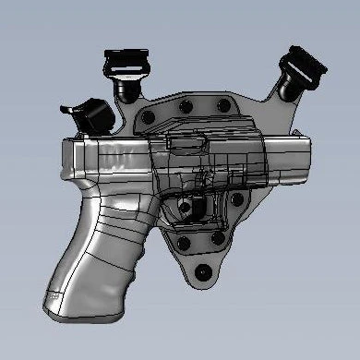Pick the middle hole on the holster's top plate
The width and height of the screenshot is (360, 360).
187,108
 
